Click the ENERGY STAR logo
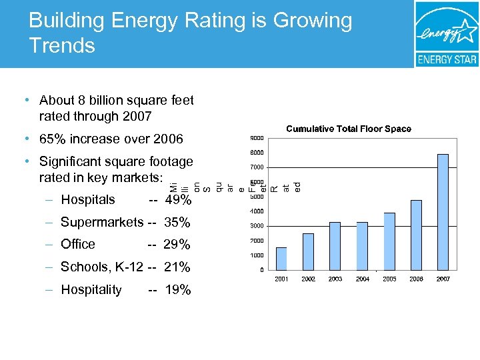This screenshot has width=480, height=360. click(446, 34)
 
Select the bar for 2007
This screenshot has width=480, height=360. click(443, 211)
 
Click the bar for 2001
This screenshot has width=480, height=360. click(281, 258)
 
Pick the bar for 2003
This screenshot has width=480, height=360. click(335, 245)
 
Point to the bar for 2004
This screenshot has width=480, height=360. click(362, 245)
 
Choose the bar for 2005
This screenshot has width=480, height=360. click(389, 241)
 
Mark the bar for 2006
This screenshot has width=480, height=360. click(416, 235)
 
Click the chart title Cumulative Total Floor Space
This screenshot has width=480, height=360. click(349, 129)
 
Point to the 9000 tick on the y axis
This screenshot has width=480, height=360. click(257, 138)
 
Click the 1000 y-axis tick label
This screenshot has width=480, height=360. click(257, 255)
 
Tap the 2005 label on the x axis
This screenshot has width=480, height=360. click(389, 279)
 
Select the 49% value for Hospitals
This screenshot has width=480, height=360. click(178, 200)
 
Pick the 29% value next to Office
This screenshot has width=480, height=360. click(177, 245)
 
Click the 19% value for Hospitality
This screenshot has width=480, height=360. click(177, 290)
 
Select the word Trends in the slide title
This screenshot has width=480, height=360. click(62, 45)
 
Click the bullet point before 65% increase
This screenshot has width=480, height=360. click(25, 139)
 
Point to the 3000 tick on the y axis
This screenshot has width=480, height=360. click(257, 226)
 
